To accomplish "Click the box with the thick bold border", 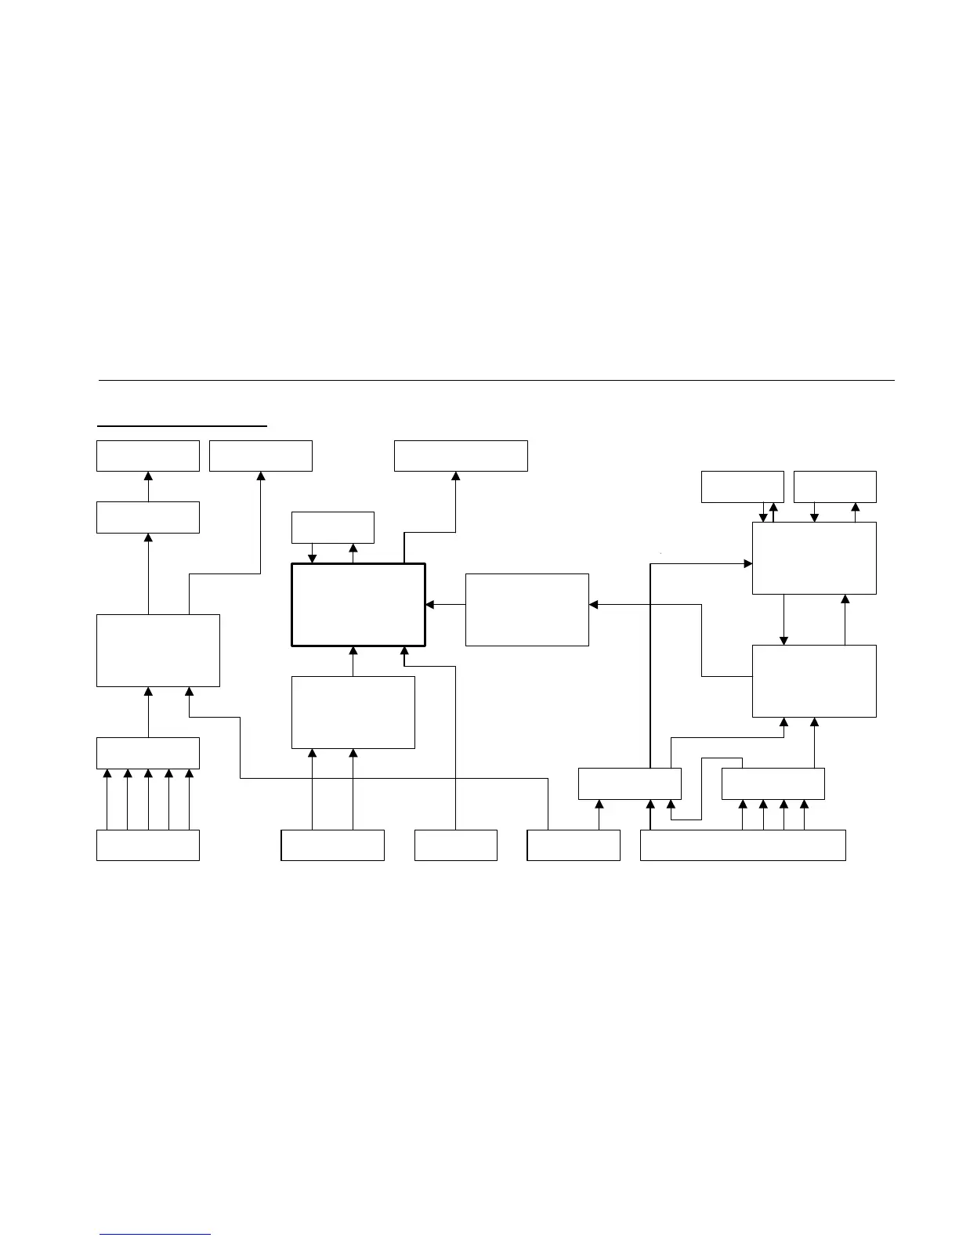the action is coord(358,604).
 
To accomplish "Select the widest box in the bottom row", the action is coord(743,845).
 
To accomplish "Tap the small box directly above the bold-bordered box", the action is coord(332,527).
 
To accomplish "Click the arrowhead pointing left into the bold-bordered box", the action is coord(430,605).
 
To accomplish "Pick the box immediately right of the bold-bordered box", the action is coord(527,610).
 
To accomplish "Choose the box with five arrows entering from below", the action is coord(147,753).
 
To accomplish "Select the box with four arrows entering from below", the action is coord(773,783).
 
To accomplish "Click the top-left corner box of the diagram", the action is coord(147,456).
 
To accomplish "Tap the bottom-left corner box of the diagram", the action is coord(147,845).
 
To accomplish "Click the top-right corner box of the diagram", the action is coord(834,487).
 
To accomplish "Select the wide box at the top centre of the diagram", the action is coord(461,456).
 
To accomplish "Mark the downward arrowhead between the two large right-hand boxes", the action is coord(783,640).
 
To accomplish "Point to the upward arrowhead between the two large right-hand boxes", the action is coord(845,599).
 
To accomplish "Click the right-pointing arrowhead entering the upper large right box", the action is coord(747,563).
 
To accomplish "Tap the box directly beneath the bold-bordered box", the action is coord(353,712).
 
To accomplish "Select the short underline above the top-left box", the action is coord(182,426).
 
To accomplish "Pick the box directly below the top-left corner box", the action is coord(147,517).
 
